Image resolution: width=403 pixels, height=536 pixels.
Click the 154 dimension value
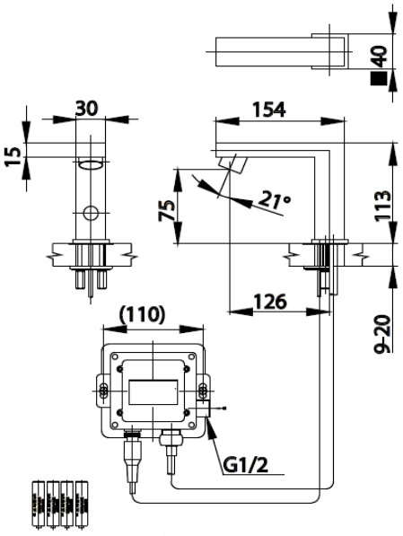[x=268, y=110]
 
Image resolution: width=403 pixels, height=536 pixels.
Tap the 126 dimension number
[x=270, y=302]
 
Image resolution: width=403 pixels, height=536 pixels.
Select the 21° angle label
[x=275, y=199]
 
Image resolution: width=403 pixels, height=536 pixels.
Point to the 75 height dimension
[x=166, y=211]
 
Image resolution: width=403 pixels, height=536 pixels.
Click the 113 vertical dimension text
[x=382, y=206]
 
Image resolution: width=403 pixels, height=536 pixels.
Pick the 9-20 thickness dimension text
[x=382, y=334]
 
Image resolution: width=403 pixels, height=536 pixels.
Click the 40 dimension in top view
[x=379, y=56]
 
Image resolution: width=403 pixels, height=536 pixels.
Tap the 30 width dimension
[x=86, y=109]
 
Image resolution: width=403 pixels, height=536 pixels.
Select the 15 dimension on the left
[x=13, y=156]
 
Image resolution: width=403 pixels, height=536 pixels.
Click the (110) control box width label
[x=142, y=314]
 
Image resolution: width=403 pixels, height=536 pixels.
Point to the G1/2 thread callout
[x=246, y=465]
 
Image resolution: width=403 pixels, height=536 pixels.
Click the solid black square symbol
[x=379, y=78]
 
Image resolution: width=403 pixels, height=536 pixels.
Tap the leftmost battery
[x=39, y=505]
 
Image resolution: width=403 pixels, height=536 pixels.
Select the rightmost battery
[x=82, y=505]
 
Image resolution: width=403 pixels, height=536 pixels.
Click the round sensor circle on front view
[x=91, y=214]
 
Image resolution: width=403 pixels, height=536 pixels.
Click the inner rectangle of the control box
[x=153, y=392]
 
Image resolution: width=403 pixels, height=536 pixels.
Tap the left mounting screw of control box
[x=102, y=391]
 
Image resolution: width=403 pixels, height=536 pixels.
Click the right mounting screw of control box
[x=203, y=391]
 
